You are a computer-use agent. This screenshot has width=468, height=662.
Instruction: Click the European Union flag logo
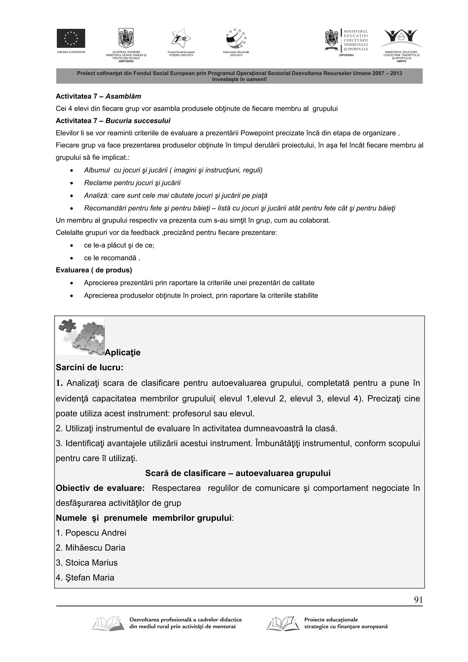point(71,38)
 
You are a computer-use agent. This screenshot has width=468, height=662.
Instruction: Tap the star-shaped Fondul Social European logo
point(181,39)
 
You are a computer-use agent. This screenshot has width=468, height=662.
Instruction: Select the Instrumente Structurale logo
point(236,39)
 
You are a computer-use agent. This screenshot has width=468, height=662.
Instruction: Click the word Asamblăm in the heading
point(123,96)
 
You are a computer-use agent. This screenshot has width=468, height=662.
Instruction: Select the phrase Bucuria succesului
point(138,121)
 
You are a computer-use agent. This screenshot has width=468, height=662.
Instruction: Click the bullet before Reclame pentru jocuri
point(72,183)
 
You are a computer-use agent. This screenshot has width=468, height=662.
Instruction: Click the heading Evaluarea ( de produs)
point(94,270)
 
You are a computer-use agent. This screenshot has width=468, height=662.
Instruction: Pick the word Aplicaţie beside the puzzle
point(122,352)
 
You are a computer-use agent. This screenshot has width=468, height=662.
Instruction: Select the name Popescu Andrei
point(96,532)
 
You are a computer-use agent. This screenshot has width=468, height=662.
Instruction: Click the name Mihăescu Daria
point(95,548)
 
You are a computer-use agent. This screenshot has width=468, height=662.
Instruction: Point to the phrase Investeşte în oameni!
point(239,79)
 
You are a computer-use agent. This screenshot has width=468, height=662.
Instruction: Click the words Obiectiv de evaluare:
point(100,488)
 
